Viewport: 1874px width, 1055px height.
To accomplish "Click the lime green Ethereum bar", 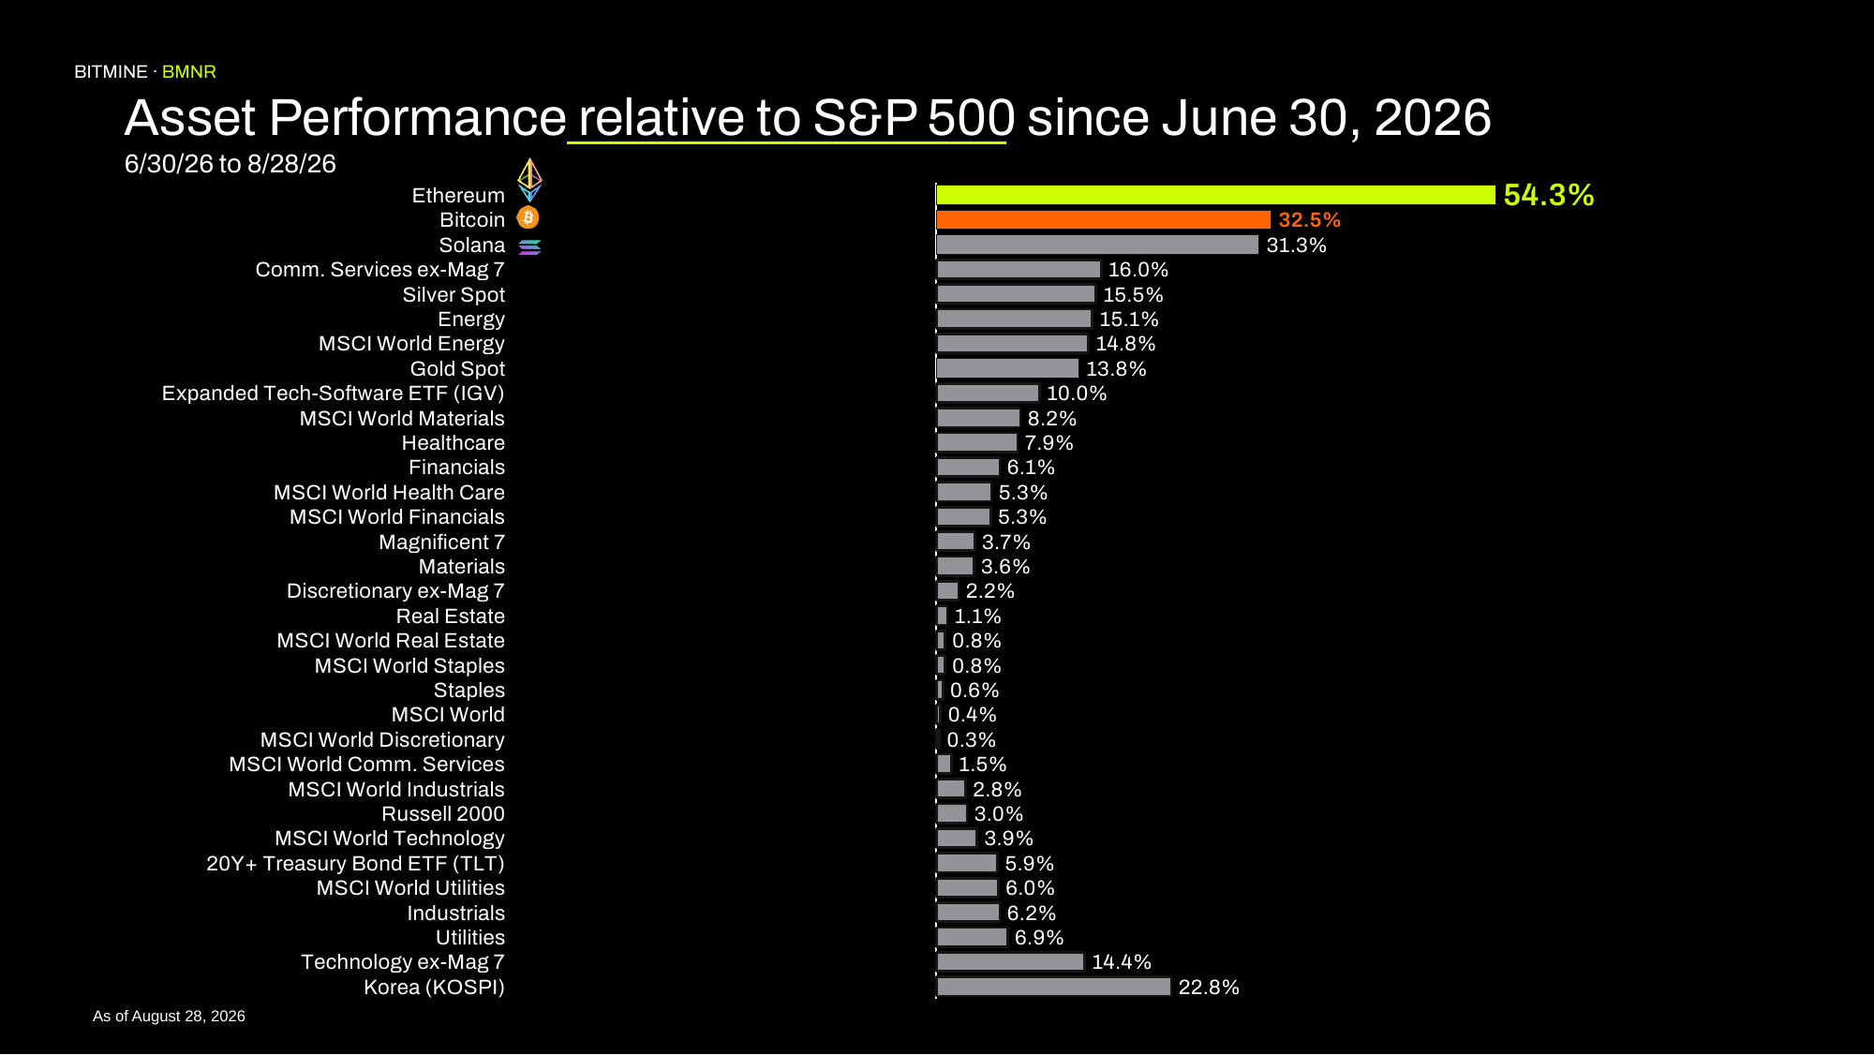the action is click(1215, 195).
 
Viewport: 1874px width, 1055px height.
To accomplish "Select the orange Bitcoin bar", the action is click(1103, 220).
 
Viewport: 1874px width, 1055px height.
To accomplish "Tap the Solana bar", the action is click(1097, 245).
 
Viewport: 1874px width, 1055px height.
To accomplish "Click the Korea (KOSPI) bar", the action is click(1053, 987).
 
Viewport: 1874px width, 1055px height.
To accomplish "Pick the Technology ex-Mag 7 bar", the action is click(1010, 962).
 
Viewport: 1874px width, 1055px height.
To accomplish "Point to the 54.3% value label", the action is click(1549, 195).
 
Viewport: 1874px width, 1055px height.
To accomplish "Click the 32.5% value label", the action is click(1309, 220).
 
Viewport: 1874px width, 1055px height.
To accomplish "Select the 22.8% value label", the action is click(1209, 988).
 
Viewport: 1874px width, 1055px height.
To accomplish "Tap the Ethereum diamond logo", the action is click(529, 180).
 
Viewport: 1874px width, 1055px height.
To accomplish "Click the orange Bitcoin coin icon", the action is click(528, 218).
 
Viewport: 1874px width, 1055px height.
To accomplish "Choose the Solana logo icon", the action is click(529, 246).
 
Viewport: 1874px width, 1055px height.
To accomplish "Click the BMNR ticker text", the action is click(189, 72).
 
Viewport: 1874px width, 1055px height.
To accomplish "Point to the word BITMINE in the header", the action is click(111, 72).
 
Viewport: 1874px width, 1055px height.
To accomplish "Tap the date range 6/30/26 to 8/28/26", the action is click(231, 164).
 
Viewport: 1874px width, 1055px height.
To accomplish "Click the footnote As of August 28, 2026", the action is click(169, 1017).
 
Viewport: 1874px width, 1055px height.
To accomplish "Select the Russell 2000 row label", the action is click(443, 814).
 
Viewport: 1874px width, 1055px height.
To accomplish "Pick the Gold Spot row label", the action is click(457, 369).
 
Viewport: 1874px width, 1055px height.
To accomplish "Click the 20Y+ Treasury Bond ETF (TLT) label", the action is click(355, 864).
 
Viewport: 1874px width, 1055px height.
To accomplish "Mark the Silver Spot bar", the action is click(1016, 294).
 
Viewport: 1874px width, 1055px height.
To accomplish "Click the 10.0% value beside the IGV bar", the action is click(1077, 394).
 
